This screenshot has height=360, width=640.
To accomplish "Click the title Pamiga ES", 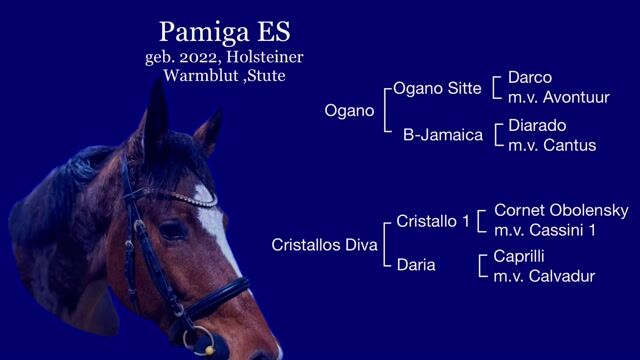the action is point(224,32).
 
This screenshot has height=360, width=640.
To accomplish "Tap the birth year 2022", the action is point(200,57).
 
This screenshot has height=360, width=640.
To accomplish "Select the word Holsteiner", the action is point(265,57).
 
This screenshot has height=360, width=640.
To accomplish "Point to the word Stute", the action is point(267,76).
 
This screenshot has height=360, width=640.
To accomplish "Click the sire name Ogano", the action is point(349,111).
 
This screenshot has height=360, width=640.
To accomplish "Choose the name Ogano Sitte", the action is point(437,89).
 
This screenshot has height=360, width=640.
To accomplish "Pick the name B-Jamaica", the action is point(443,135).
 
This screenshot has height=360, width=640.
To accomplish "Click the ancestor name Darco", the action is point(530,78).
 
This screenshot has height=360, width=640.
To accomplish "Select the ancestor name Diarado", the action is point(537,126).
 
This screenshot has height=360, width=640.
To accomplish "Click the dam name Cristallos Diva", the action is point(324,245).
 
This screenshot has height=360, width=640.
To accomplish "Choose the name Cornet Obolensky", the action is point(561,211).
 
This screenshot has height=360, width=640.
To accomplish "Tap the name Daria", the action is point(416,265).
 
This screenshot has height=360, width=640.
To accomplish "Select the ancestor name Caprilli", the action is point(519,256).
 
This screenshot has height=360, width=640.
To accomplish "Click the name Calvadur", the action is point(562,276).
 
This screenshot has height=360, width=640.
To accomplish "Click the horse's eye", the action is point(172,230).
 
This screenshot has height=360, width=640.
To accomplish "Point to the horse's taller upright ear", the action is point(156,118).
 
